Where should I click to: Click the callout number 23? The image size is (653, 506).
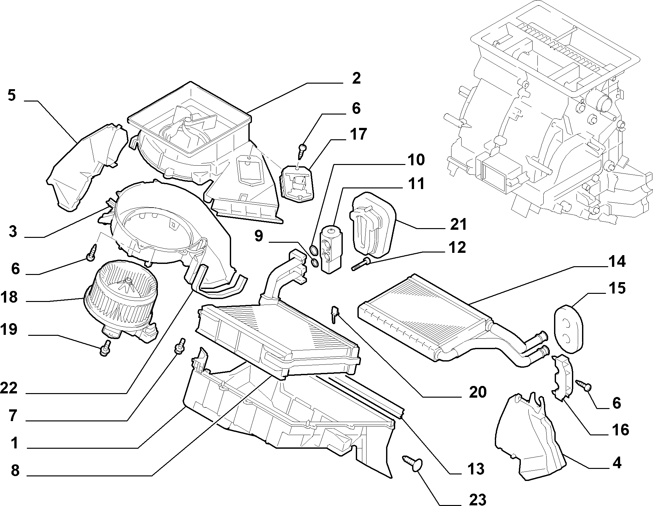coord(478,499)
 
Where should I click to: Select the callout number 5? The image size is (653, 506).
coord(12,96)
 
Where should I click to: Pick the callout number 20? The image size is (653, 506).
coord(477,392)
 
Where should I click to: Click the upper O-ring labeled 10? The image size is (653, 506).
coord(313,251)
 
